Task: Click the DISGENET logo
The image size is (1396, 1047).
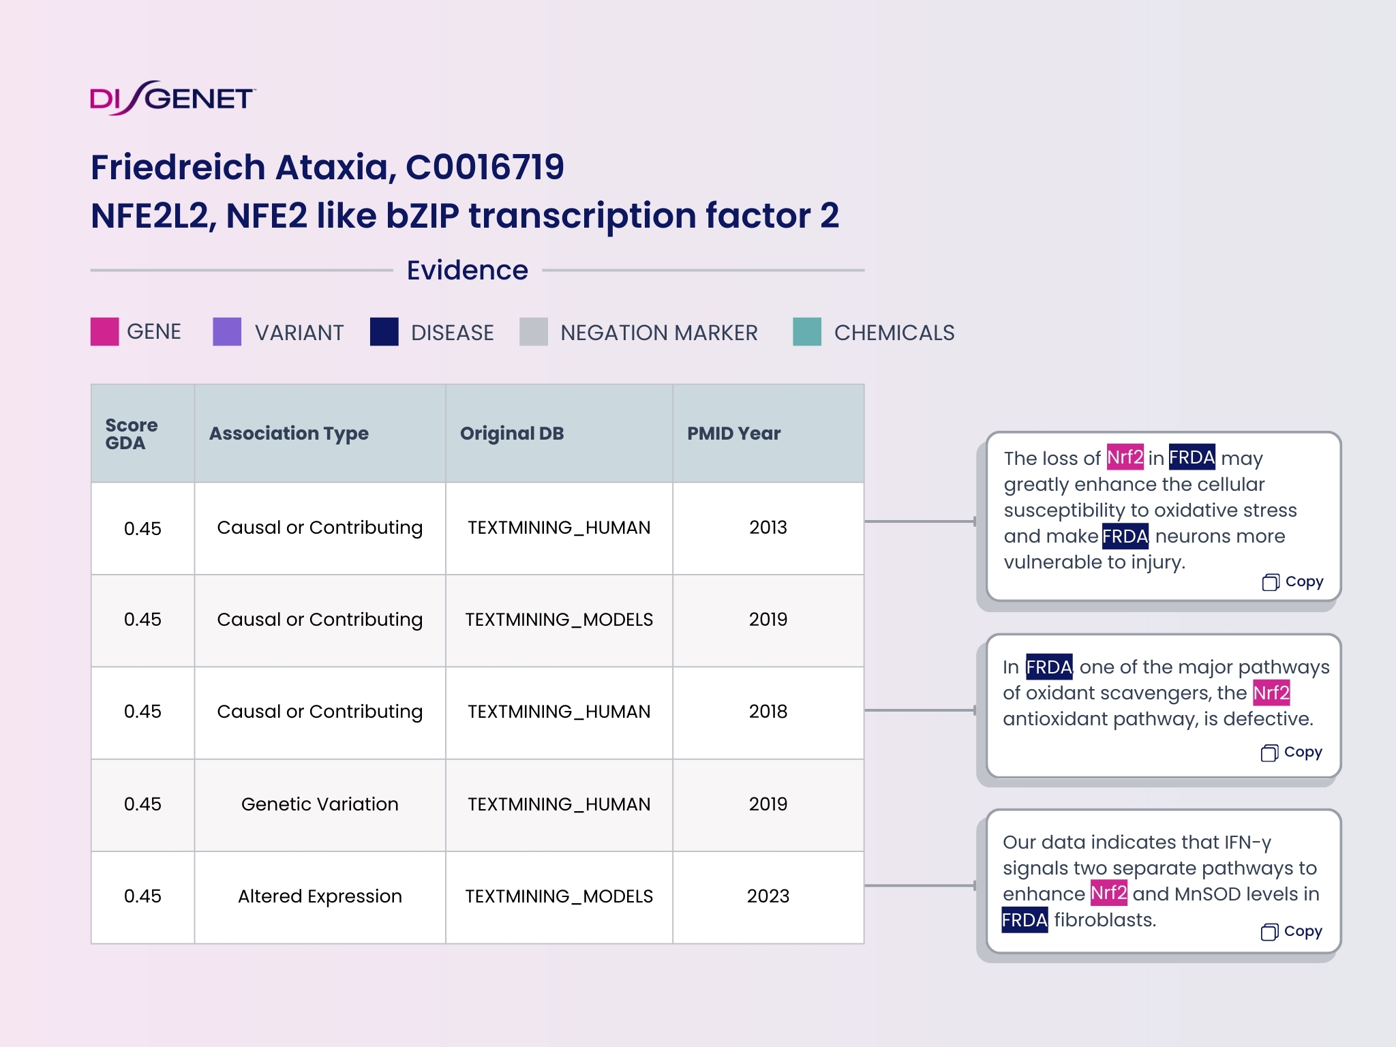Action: [172, 98]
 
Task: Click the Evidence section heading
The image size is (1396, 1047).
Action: [467, 271]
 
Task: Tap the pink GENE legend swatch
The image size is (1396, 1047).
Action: [105, 332]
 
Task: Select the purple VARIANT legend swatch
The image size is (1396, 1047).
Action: [227, 332]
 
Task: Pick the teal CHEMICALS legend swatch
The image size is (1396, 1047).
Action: [807, 332]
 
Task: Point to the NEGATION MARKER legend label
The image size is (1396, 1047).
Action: [658, 333]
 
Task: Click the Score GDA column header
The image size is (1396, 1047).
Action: [132, 434]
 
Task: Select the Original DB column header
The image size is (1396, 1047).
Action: [512, 434]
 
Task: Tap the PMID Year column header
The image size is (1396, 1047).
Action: [733, 434]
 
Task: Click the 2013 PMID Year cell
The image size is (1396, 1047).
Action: [768, 528]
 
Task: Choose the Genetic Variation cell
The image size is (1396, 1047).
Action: [320, 804]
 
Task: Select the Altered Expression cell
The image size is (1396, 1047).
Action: [320, 896]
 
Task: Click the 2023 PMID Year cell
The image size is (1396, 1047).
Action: [768, 896]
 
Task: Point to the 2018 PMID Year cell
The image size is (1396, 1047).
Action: [768, 712]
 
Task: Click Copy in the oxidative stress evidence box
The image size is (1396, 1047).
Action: [1293, 582]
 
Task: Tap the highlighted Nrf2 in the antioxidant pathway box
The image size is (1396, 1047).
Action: [1271, 693]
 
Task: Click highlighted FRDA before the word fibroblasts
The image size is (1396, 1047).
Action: [1025, 920]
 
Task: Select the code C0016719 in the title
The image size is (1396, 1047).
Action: [485, 168]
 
